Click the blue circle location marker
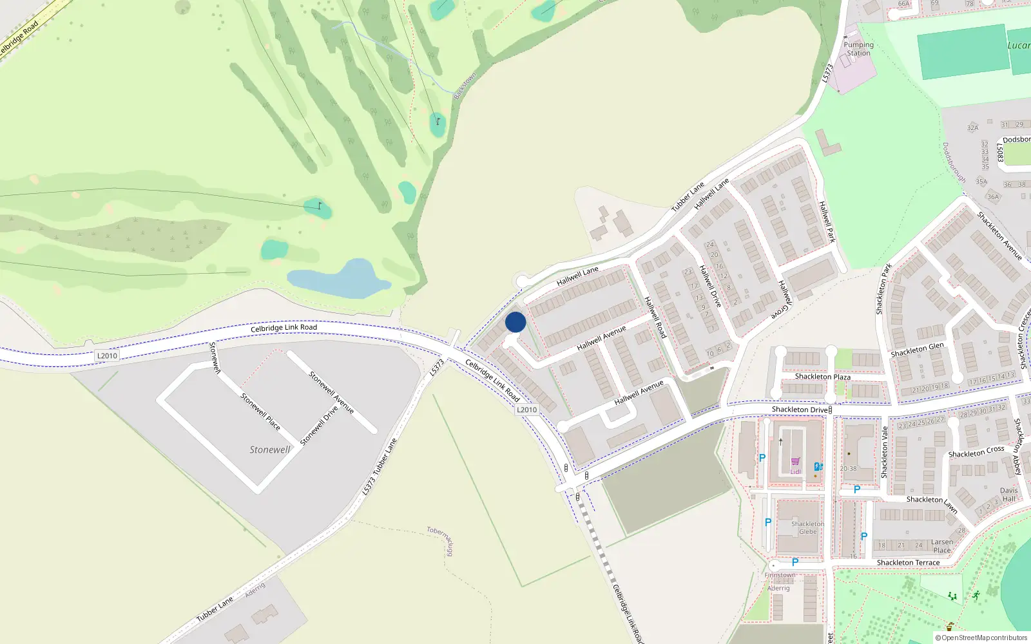point(515,322)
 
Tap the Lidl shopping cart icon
point(795,462)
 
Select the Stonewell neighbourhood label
point(270,450)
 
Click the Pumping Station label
point(858,49)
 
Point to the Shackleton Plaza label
point(822,377)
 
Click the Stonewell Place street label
point(260,412)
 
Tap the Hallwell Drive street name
point(710,285)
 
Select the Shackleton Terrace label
point(908,563)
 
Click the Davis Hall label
point(1008,495)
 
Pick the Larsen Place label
point(941,546)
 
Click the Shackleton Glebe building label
point(807,528)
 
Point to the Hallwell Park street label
point(827,222)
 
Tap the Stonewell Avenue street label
point(331,392)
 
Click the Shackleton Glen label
point(917,350)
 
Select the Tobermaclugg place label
point(441,540)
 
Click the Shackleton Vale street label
point(885,451)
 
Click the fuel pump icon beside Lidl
point(818,466)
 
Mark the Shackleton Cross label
point(976,452)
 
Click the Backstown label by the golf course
point(464,86)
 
